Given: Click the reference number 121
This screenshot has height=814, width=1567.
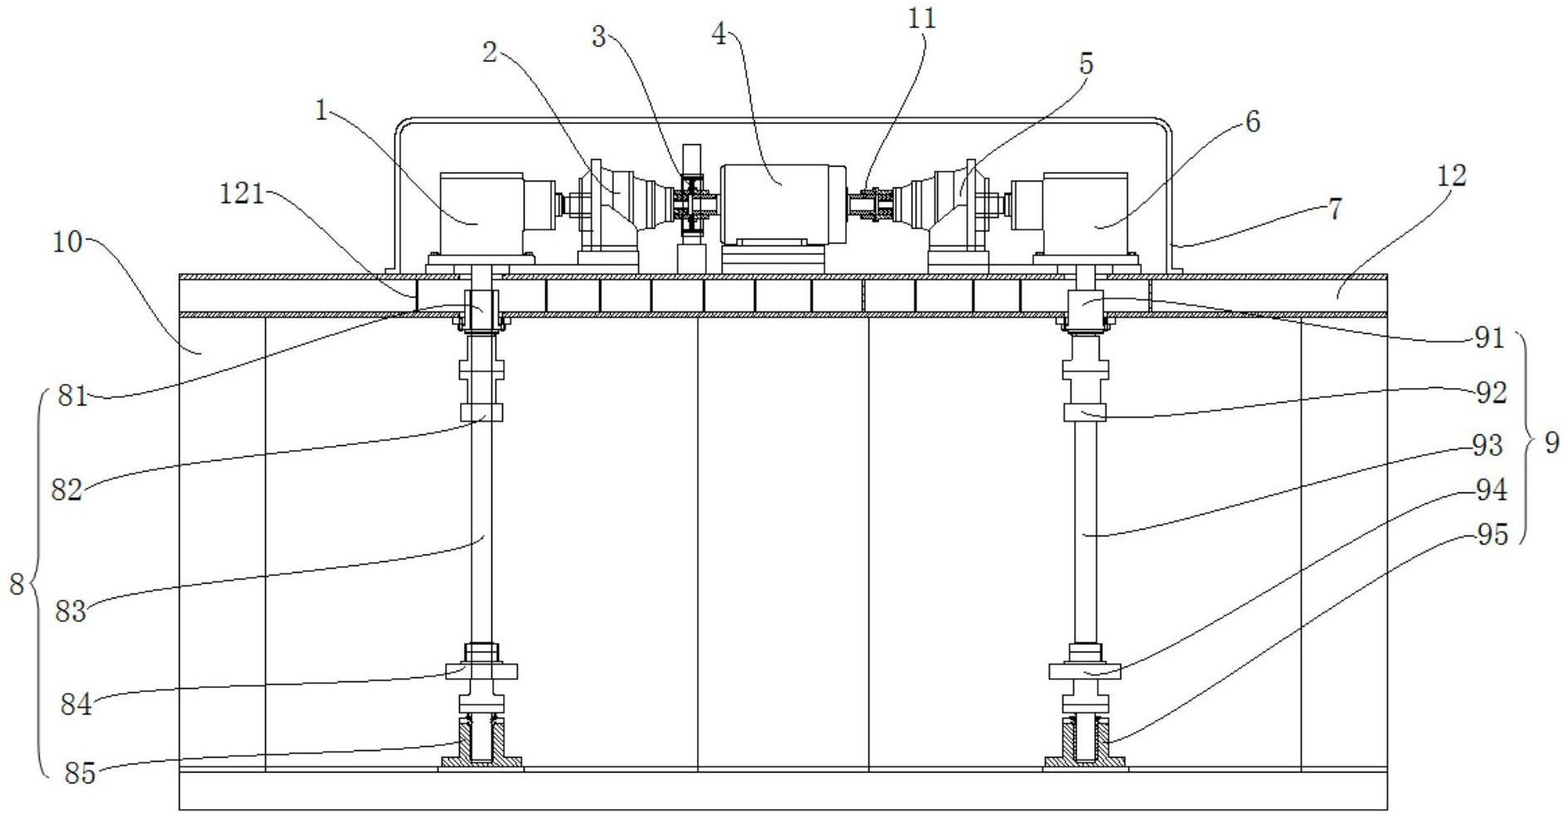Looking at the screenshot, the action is pyautogui.click(x=241, y=194).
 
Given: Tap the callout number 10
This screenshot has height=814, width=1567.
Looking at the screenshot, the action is pyautogui.click(x=68, y=243).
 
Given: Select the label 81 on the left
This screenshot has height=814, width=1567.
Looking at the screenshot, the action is pyautogui.click(x=72, y=396).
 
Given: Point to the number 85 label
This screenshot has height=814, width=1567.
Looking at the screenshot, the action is pyautogui.click(x=80, y=773).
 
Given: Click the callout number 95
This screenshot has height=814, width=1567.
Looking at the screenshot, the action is pyautogui.click(x=1492, y=535).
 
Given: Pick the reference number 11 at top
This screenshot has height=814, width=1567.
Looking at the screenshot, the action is pyautogui.click(x=921, y=18).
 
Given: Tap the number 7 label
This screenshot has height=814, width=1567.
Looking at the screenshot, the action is pyautogui.click(x=1334, y=209).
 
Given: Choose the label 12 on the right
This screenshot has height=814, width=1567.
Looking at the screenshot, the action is pyautogui.click(x=1452, y=176).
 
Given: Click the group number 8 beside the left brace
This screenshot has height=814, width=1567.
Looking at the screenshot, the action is pyautogui.click(x=17, y=585).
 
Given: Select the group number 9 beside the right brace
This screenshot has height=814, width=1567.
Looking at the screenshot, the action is pyautogui.click(x=1551, y=443).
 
